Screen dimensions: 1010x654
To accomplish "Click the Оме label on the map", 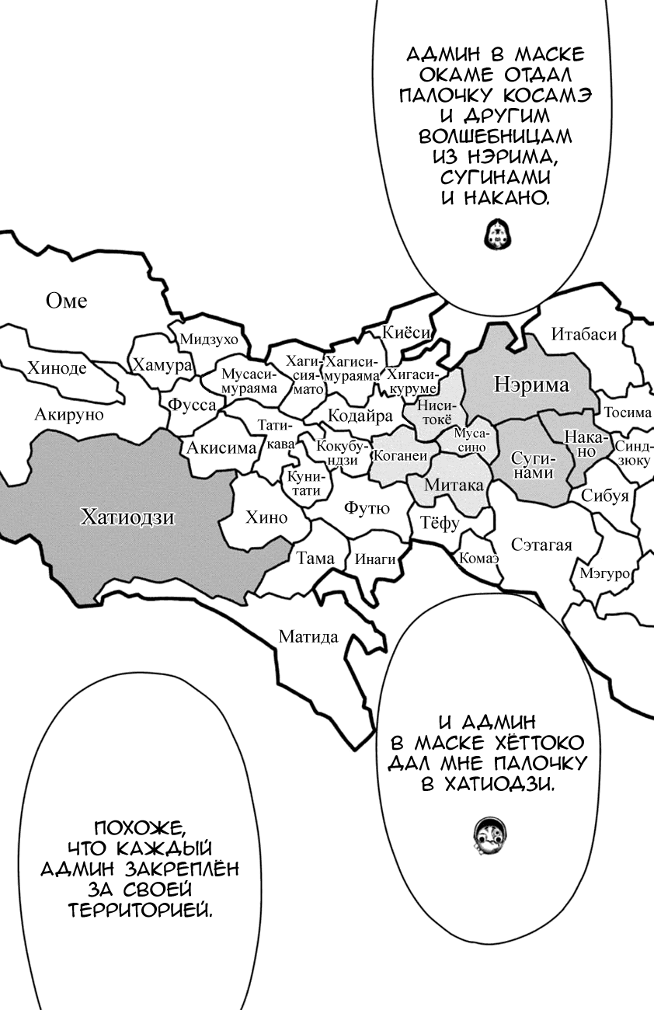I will click(x=67, y=301).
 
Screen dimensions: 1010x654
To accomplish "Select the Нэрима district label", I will click(x=532, y=385).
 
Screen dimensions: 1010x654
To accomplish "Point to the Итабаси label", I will click(x=584, y=335).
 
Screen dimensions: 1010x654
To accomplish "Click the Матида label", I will click(x=308, y=638).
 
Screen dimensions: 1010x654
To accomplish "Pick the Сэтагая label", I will click(x=541, y=544).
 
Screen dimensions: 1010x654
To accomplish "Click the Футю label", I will click(x=367, y=509).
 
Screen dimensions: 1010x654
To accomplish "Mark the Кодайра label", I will click(x=360, y=415).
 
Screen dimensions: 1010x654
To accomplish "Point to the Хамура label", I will click(x=162, y=365).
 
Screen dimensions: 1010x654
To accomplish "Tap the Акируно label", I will click(x=69, y=414).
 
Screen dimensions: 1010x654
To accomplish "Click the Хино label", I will click(x=266, y=517).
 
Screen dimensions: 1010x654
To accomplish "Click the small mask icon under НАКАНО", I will click(x=495, y=233).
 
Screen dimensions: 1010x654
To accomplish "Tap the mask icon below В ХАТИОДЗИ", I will click(x=489, y=832).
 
